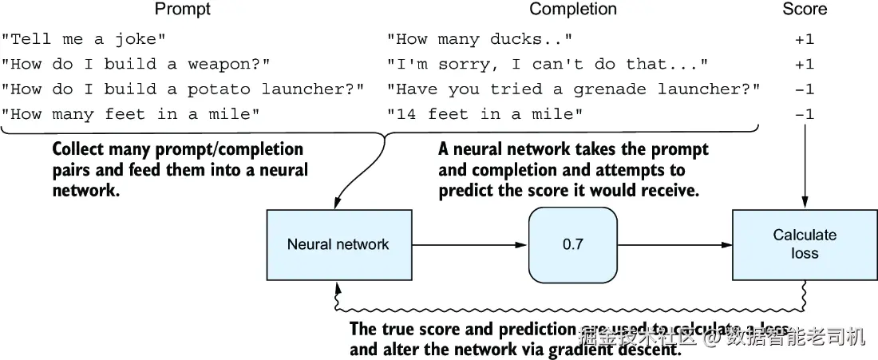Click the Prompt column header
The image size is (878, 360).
[183, 10]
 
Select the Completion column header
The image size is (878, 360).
[573, 10]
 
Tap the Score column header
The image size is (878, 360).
[804, 10]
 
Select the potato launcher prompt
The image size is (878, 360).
[183, 89]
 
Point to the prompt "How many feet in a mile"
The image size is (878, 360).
[132, 115]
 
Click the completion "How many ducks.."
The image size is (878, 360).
[480, 38]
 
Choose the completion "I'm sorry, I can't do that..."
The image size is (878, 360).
[547, 64]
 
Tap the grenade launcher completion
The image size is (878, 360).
[573, 89]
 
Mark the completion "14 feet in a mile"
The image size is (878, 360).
[484, 115]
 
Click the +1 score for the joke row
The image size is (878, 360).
[804, 38]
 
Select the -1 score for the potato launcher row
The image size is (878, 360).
[804, 89]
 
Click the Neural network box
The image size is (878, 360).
[338, 244]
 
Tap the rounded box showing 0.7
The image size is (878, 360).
[573, 244]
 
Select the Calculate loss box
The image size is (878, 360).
[804, 244]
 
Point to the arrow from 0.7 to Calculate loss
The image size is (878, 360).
[674, 244]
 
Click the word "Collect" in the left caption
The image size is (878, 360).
[81, 149]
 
